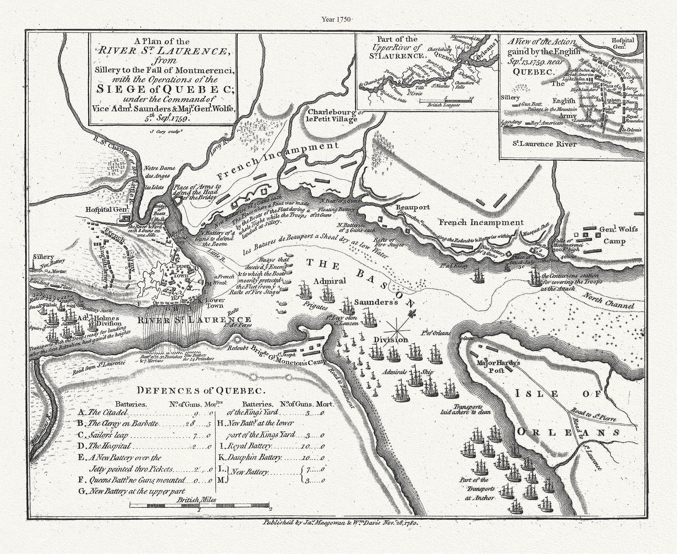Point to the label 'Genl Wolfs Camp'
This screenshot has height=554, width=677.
613,235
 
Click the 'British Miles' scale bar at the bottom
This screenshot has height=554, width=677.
200,504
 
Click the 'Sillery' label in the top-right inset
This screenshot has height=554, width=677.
510,98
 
